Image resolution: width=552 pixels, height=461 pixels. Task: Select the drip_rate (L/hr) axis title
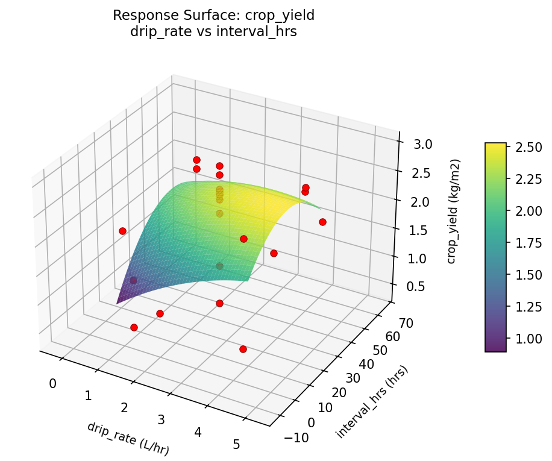128,438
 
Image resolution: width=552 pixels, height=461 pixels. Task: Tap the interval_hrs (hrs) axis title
372,402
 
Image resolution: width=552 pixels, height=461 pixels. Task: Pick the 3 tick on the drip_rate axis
161,419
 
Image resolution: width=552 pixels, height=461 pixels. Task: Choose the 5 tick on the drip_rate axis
236,445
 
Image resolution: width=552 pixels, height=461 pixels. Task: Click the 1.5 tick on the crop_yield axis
412,230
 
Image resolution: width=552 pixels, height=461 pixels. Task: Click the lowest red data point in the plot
243,349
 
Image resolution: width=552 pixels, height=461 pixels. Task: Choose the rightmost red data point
322,222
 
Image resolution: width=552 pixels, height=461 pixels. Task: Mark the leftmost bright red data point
122,231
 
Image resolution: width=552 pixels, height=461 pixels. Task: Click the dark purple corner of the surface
119,301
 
